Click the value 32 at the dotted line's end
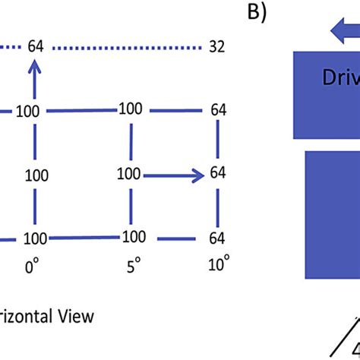[216, 46]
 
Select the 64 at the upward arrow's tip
[35, 46]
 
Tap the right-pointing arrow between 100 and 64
[174, 175]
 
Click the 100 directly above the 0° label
[35, 238]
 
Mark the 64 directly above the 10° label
[217, 238]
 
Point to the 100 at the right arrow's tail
[131, 174]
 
